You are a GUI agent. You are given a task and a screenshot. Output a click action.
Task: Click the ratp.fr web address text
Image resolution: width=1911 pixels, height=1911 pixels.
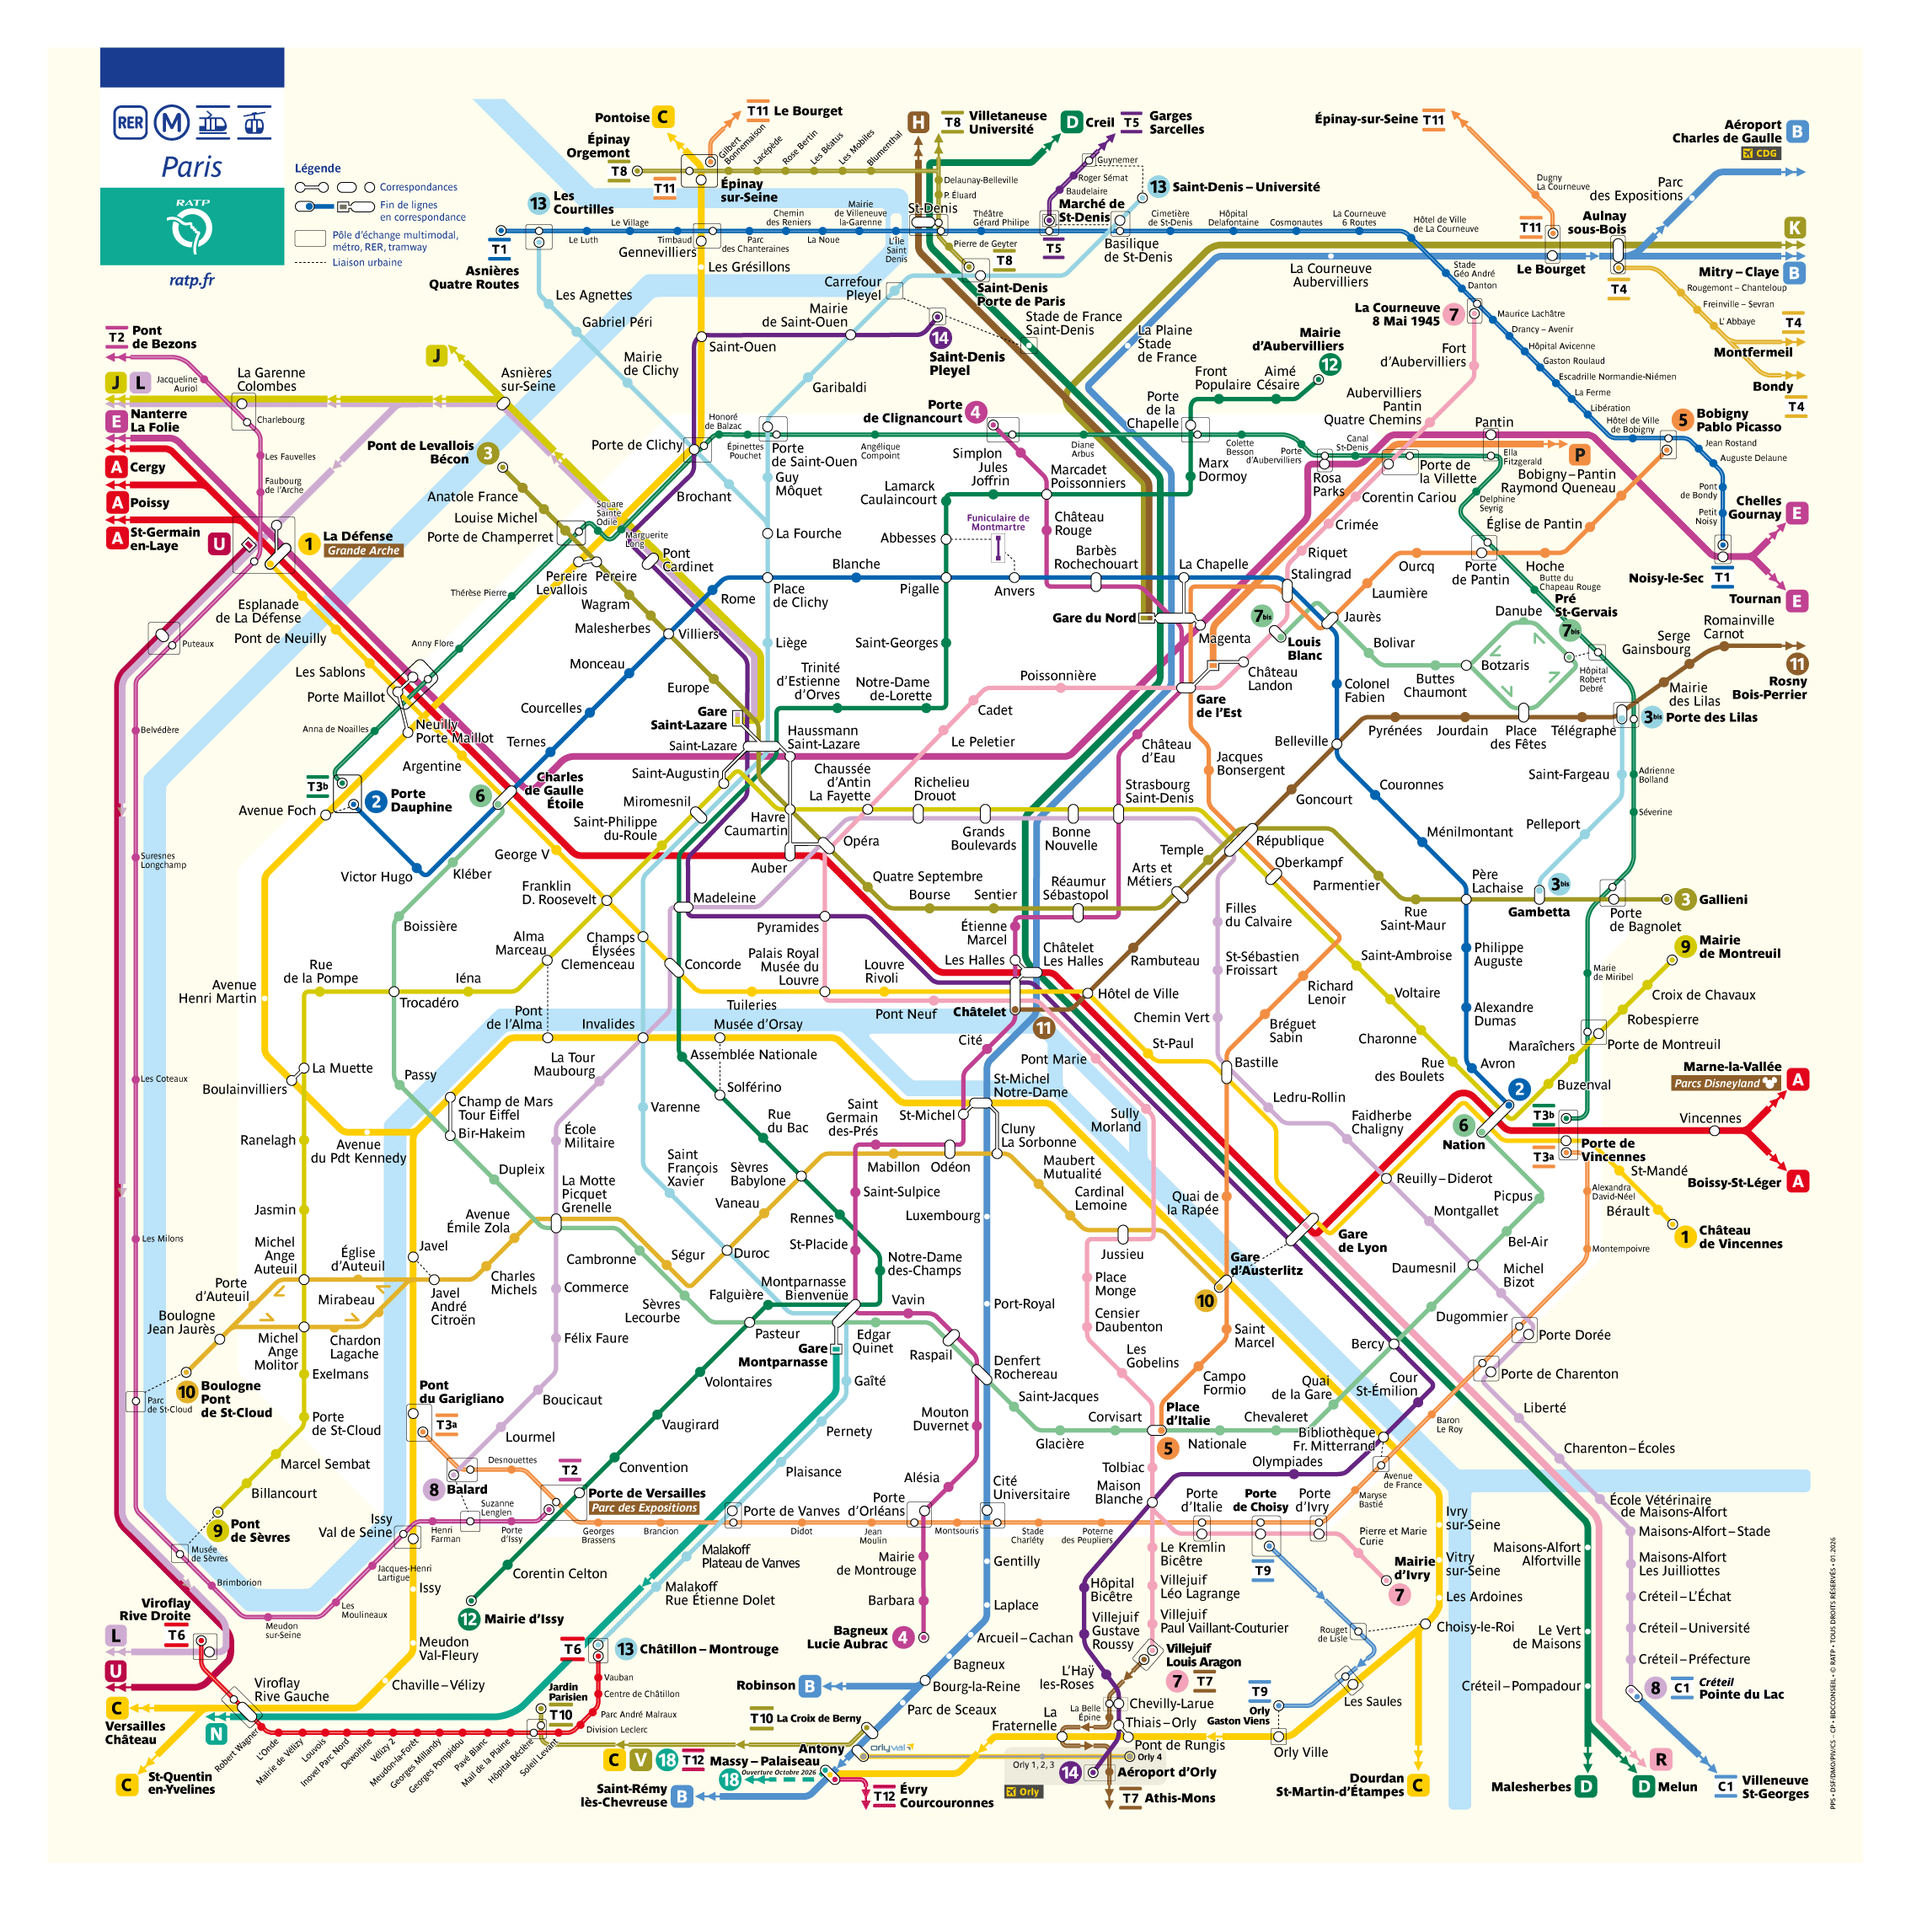(x=191, y=280)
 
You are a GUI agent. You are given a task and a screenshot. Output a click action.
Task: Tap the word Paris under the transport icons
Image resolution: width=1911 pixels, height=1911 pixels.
(x=192, y=166)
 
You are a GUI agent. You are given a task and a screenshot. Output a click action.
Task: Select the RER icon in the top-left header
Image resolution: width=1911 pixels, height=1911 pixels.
(x=130, y=123)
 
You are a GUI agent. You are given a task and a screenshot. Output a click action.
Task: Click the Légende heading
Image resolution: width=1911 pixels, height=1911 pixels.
(x=318, y=169)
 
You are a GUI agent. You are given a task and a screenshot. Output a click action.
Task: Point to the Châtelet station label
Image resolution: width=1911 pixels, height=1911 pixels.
(x=978, y=1012)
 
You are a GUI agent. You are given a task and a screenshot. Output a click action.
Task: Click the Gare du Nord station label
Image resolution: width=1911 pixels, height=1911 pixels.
(x=1093, y=618)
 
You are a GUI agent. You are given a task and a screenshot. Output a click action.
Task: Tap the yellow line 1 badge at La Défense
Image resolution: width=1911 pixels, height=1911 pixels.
(x=308, y=543)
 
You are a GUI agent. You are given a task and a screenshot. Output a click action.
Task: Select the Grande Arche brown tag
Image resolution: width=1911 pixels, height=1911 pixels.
(x=363, y=551)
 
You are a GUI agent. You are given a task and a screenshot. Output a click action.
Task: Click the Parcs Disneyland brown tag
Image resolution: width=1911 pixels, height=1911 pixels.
(x=1725, y=1083)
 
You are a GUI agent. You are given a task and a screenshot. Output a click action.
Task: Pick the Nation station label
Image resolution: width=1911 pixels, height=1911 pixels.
(x=1463, y=1144)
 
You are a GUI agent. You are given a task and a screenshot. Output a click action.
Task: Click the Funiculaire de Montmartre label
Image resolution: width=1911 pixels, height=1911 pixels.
(x=997, y=522)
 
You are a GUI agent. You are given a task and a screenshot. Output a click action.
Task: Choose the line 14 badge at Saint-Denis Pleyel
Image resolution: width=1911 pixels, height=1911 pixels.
(x=939, y=338)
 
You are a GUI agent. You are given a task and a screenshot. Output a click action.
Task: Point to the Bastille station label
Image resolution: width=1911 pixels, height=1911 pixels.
(x=1256, y=1063)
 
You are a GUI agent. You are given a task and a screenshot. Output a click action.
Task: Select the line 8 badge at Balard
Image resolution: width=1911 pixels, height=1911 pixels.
(x=433, y=1490)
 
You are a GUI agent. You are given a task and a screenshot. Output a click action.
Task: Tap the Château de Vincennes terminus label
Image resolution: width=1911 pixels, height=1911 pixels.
(x=1740, y=1238)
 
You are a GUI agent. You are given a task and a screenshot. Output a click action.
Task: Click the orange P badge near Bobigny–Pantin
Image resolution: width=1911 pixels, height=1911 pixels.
(x=1580, y=455)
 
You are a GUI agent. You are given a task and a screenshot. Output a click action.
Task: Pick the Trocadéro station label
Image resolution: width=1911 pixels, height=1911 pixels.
(x=428, y=1002)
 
